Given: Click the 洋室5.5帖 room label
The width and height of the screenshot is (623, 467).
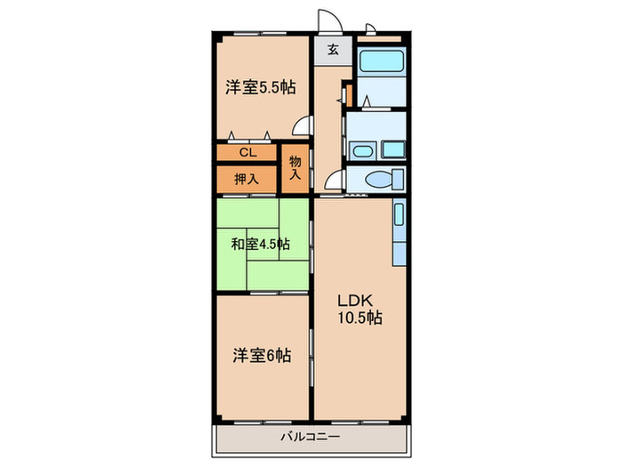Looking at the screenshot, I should coord(260,87).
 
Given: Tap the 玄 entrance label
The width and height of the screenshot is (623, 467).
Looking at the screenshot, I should coord(332,50).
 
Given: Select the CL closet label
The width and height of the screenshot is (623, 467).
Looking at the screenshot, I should coord(247,152).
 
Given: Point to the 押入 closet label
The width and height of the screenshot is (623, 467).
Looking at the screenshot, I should coord(247,179).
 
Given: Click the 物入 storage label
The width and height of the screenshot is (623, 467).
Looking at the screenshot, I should coord(295,168).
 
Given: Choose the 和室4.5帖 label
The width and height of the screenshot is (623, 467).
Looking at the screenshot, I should coord(259,244).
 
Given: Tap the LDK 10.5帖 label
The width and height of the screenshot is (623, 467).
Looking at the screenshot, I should coord(360,309).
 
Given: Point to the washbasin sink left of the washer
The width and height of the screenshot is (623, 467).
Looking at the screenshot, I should coord(363,149).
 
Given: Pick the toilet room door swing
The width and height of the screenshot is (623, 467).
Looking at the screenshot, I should coord(335,181).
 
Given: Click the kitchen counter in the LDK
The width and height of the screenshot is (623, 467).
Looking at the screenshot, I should coord(400,232).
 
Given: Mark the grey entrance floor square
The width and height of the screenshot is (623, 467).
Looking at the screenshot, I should coord(332,50).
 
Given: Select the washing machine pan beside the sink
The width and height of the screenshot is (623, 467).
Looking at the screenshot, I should coord(391,149).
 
